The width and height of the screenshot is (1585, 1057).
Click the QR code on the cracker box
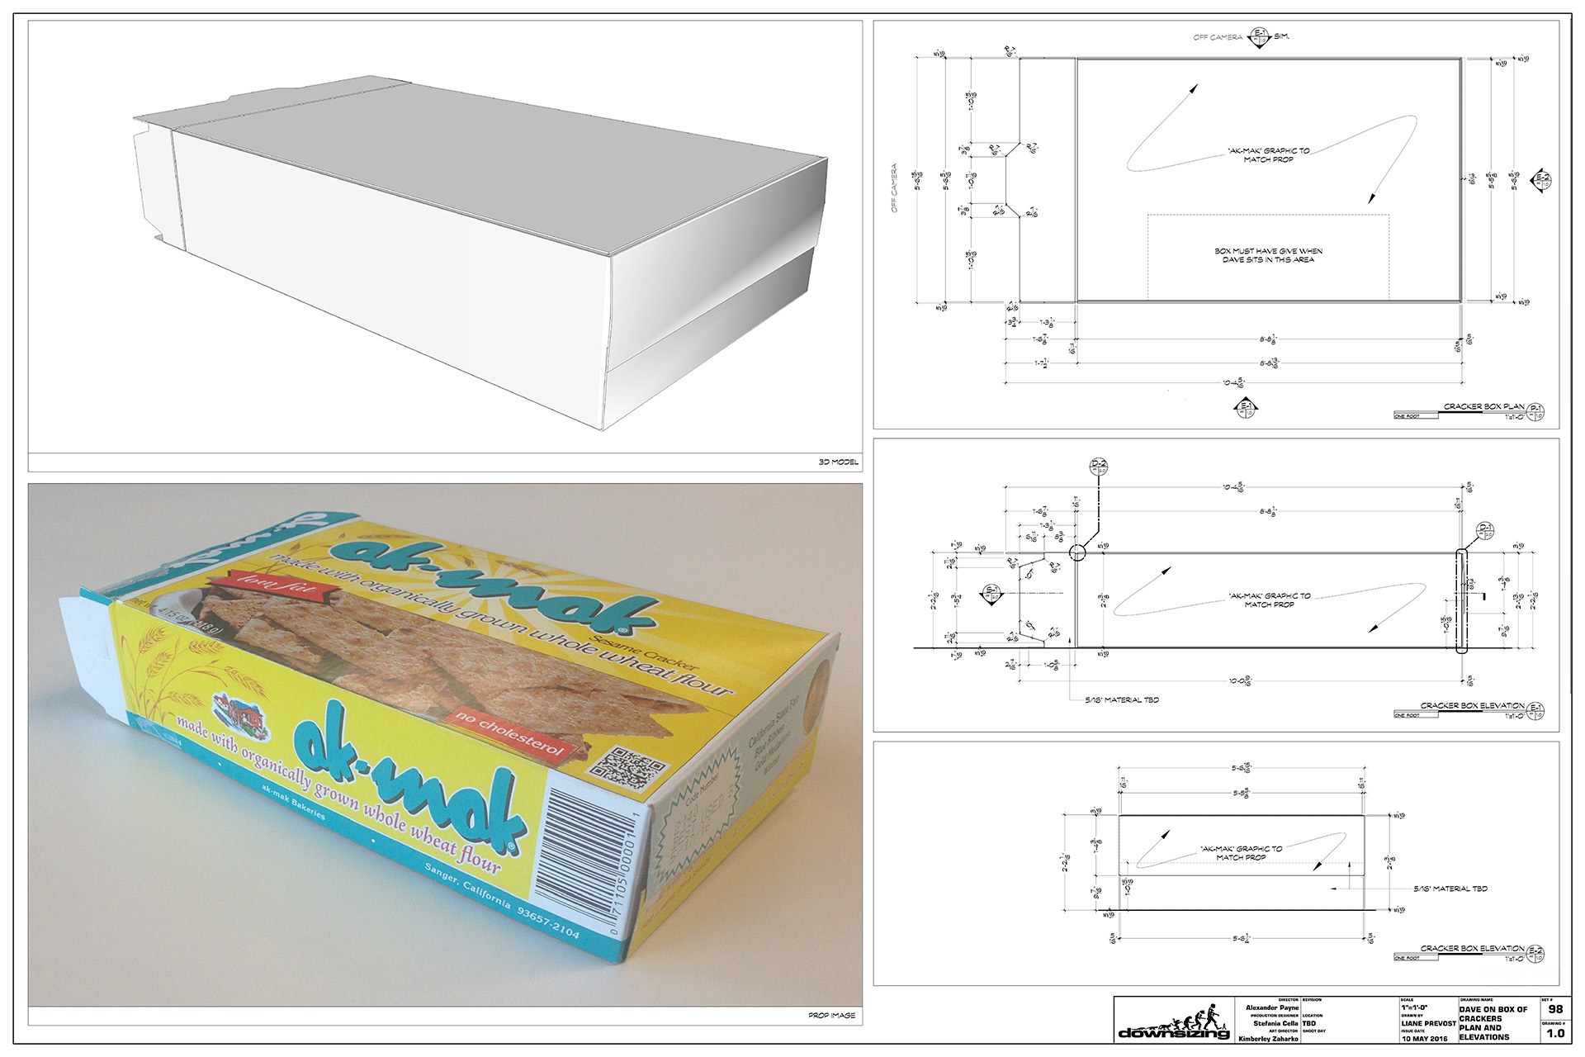click(630, 768)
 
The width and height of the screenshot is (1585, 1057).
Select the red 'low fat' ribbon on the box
click(273, 585)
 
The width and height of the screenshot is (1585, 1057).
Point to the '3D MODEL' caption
click(838, 462)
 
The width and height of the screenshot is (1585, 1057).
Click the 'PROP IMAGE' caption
click(831, 1015)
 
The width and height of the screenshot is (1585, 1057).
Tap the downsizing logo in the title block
click(1174, 1024)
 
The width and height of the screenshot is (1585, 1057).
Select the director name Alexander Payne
click(1272, 1008)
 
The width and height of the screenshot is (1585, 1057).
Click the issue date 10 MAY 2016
click(1424, 1039)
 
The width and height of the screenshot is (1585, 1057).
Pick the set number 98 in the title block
click(1555, 1009)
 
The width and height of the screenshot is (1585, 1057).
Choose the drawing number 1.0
click(1555, 1033)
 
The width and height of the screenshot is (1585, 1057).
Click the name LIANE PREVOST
click(1428, 1024)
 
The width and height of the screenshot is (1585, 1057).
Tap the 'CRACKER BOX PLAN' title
click(1483, 406)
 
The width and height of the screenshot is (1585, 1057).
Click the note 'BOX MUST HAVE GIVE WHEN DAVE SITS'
click(1268, 255)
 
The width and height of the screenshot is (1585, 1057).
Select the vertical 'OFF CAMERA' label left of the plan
click(894, 188)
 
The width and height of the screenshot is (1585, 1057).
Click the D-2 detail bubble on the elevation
click(1099, 466)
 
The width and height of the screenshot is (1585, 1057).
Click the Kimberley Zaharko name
click(1268, 1039)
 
